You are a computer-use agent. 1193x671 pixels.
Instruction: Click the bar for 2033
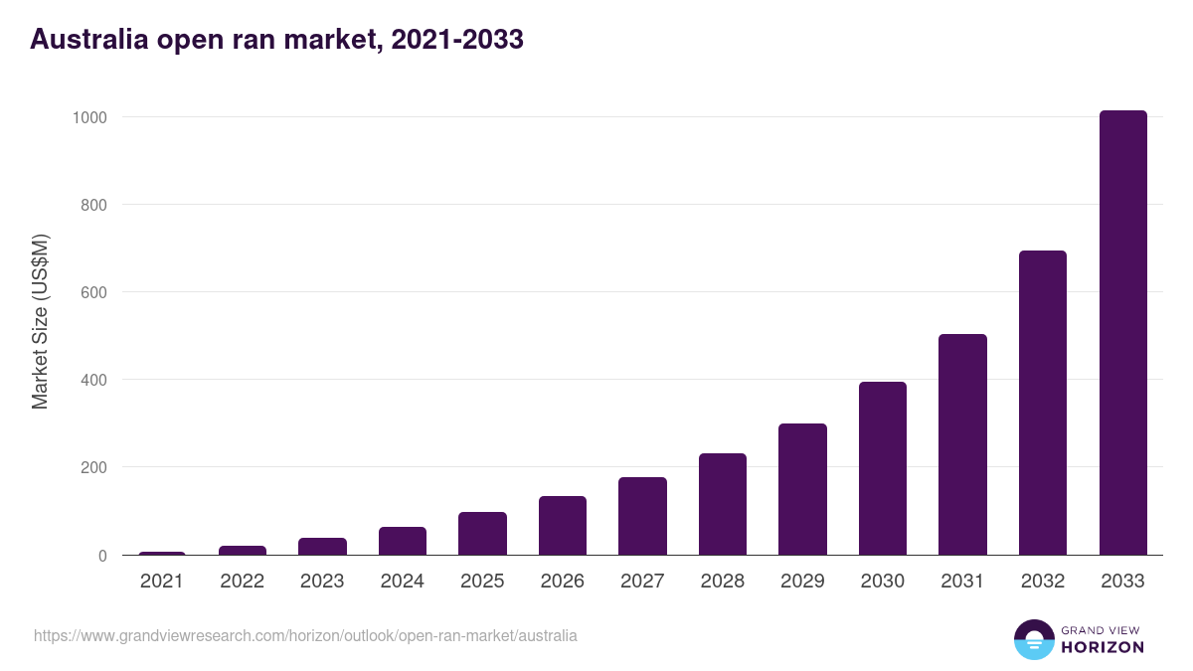click(x=1122, y=333)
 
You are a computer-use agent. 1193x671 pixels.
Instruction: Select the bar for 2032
click(x=1042, y=403)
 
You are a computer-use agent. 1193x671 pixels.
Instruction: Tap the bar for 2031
click(x=962, y=444)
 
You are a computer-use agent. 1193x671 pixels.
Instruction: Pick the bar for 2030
click(x=883, y=468)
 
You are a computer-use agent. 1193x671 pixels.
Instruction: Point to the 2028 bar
click(x=723, y=504)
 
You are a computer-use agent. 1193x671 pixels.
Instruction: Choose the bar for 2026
click(x=563, y=525)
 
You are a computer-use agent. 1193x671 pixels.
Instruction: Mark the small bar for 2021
click(x=162, y=553)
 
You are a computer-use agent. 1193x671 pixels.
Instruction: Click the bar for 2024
click(x=403, y=541)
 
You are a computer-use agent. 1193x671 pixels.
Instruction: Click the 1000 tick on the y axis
click(x=88, y=117)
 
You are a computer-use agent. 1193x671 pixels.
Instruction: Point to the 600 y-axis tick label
click(x=92, y=292)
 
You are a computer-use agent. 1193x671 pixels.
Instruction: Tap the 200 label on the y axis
click(x=92, y=467)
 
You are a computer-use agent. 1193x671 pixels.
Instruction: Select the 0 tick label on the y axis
click(x=101, y=556)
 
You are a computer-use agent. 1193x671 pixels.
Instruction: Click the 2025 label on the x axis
click(x=482, y=582)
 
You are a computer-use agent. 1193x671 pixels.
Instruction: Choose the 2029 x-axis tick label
click(x=802, y=582)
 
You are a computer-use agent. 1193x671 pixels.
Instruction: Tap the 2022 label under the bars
click(x=242, y=582)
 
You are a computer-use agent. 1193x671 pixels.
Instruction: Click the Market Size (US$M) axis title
click(x=40, y=321)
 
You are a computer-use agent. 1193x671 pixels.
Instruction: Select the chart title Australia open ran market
click(x=276, y=40)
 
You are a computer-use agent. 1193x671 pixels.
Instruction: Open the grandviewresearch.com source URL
click(x=305, y=635)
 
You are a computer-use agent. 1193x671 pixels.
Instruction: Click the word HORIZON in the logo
click(x=1103, y=647)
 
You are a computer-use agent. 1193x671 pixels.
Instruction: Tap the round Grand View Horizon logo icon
click(x=1033, y=639)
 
